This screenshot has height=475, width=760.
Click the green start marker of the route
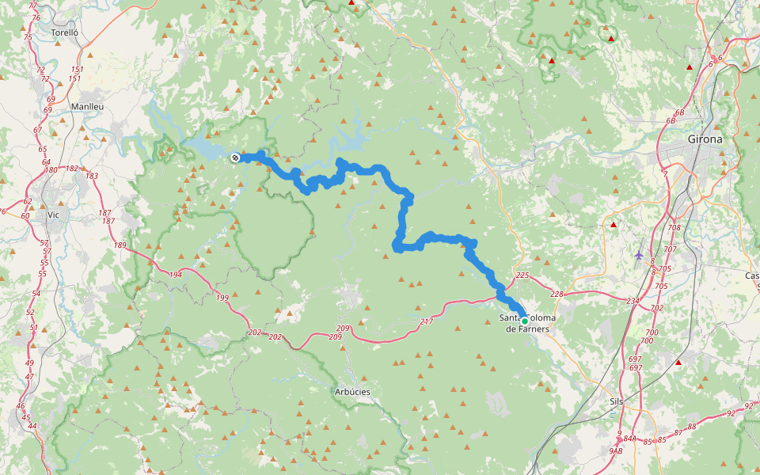coord(524,321)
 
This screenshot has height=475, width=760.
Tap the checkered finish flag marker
coord(235,158)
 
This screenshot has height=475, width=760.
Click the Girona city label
coord(705,139)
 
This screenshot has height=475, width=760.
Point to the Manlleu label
coord(87,106)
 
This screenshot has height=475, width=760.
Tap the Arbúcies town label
coord(352,392)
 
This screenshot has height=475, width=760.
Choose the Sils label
coord(617,401)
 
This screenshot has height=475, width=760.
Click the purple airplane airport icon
coord(639,254)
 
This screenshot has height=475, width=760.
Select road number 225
coord(522,275)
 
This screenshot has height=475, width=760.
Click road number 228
coord(557,294)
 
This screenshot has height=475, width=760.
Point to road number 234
coord(632,301)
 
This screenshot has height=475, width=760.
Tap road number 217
coord(427,321)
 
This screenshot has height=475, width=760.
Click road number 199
coord(222,298)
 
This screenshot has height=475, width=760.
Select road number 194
coord(175,275)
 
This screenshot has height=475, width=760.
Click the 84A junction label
coord(629,438)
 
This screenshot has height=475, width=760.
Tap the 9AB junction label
coord(615,450)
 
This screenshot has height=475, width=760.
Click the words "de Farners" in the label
coord(527,329)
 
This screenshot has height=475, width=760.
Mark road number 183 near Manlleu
coord(92,176)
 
